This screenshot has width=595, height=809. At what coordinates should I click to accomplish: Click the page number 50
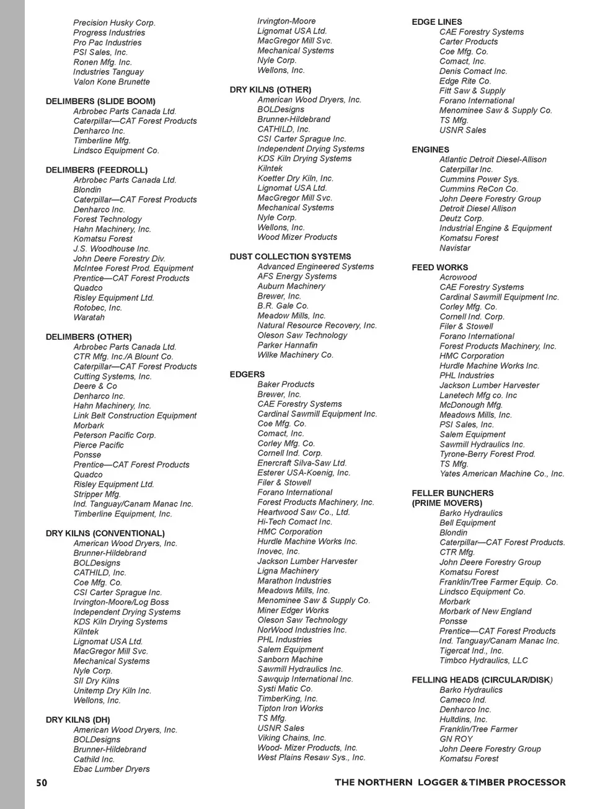[42, 782]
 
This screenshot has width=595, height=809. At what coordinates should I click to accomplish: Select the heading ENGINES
[430, 150]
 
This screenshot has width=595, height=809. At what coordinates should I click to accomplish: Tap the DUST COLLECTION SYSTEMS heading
[290, 257]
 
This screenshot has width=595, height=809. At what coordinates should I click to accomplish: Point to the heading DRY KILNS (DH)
[77, 720]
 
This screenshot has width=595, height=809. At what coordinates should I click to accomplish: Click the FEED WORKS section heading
[439, 268]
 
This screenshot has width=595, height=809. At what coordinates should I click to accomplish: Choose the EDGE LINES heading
[436, 22]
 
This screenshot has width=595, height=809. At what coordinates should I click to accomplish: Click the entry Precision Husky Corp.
[114, 23]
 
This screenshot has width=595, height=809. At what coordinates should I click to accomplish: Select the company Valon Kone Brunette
[112, 82]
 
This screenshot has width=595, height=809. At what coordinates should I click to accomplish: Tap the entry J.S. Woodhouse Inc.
[112, 249]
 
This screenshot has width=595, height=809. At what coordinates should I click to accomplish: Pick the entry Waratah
[89, 317]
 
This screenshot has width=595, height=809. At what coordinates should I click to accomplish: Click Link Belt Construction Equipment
[134, 416]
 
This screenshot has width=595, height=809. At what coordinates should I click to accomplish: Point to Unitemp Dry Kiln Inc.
[112, 691]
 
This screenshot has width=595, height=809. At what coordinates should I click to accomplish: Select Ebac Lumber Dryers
[112, 769]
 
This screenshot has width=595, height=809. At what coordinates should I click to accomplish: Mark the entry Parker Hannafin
[287, 345]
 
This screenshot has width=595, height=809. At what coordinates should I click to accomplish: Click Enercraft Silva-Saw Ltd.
[302, 463]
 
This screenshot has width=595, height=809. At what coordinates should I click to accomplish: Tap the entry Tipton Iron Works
[290, 709]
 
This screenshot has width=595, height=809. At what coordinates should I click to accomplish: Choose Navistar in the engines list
[455, 248]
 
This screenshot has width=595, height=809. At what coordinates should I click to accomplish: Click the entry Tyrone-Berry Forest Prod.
[487, 454]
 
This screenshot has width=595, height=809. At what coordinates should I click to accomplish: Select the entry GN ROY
[456, 739]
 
